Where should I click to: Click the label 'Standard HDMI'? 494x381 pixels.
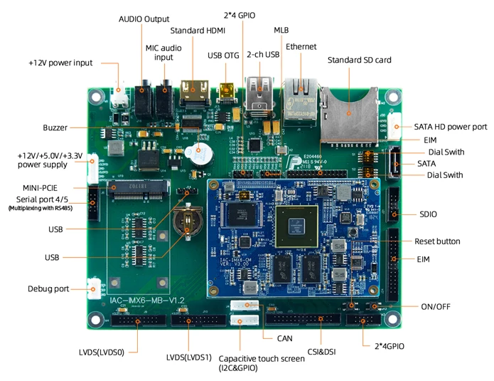coord(198,31)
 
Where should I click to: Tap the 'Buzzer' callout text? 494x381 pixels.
coord(55,127)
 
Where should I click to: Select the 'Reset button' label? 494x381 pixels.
coord(437,241)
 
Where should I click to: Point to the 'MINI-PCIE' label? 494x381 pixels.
coord(41,187)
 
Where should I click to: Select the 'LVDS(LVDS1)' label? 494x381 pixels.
coord(189,357)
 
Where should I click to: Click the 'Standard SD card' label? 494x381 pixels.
coord(359,61)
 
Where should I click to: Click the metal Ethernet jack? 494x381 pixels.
coord(300,99)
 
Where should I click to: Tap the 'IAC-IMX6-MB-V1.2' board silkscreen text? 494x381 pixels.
coord(148,301)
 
